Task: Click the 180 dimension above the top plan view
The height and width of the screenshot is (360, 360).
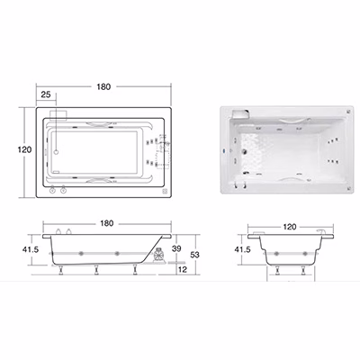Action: point(103,86)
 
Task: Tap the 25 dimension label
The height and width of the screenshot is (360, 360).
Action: point(46,94)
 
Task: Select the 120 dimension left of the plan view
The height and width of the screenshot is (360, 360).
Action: point(24,149)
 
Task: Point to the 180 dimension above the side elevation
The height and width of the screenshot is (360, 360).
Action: point(107,223)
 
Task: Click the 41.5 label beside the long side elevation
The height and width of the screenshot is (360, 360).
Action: point(31,249)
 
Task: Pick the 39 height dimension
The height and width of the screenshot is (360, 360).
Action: point(176,248)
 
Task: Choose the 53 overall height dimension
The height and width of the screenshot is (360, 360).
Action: point(194,255)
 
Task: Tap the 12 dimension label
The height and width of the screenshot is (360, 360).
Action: point(183,269)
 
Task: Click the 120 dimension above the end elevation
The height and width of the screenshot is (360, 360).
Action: point(290,227)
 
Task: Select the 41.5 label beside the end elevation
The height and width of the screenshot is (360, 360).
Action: point(242,249)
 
